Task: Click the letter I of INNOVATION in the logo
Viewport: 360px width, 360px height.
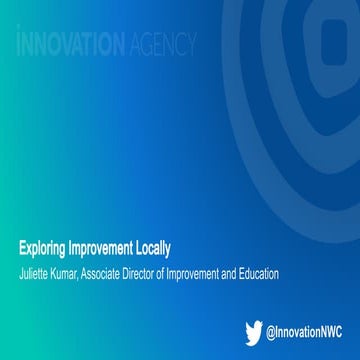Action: click(x=22, y=44)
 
